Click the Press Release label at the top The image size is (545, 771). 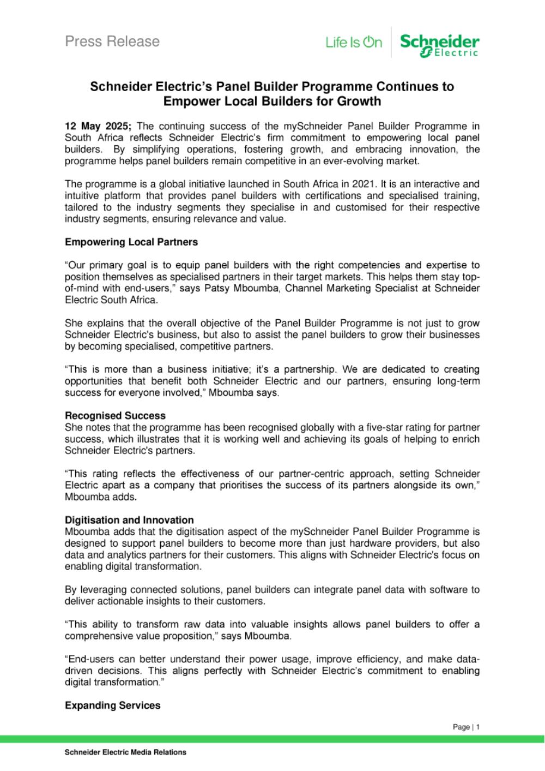(x=112, y=41)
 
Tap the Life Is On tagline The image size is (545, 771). (x=354, y=42)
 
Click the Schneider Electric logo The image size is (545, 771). (x=439, y=44)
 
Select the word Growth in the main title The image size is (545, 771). (x=362, y=101)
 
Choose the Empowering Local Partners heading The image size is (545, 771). (x=131, y=242)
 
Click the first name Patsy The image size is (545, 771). (x=216, y=288)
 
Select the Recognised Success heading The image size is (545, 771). (x=115, y=416)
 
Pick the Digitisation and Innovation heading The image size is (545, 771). (x=129, y=520)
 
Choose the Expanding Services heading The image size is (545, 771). (x=112, y=706)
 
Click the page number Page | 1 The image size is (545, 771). (x=466, y=727)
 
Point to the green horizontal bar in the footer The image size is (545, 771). (x=272, y=739)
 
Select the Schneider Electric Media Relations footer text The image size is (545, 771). (x=125, y=752)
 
